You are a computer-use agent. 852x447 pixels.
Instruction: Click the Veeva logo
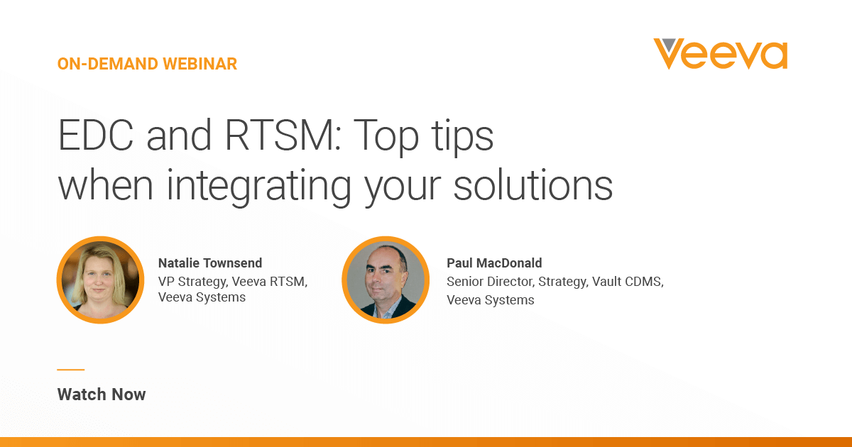tap(720, 54)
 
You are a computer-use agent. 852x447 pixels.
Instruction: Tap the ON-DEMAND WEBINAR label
tap(147, 64)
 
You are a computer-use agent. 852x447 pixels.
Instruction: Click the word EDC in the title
tap(97, 136)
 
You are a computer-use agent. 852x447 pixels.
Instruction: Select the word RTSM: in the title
tap(278, 136)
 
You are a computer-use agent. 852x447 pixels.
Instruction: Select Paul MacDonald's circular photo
tap(386, 280)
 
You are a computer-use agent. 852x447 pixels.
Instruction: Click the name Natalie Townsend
tap(210, 263)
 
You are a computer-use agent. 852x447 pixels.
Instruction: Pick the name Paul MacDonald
tap(494, 263)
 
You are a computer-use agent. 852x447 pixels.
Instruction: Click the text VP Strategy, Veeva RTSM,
tap(233, 281)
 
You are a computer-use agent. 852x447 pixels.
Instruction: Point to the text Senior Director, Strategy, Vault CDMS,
tap(555, 282)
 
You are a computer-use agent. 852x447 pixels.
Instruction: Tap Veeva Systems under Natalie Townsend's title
tap(202, 297)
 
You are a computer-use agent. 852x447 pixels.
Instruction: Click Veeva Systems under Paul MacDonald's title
tap(490, 299)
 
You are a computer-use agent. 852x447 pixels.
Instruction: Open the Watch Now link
tap(102, 394)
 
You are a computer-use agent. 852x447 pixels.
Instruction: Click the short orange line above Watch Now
tap(70, 370)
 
